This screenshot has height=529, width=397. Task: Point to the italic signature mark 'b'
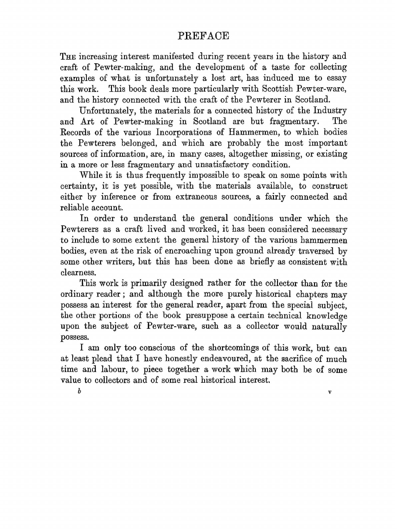click(79, 392)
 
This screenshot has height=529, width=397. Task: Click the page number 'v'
click(329, 392)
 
